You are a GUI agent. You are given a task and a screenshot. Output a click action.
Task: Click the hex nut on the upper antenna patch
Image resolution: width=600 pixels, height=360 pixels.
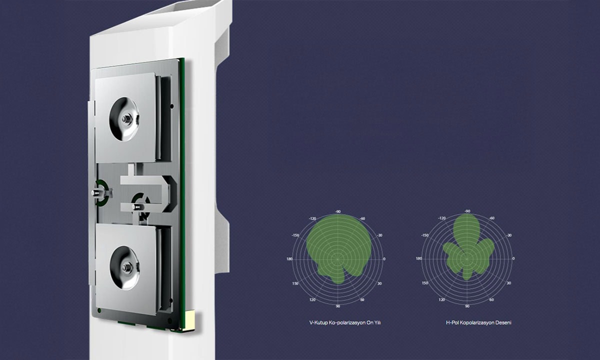(x=125, y=118)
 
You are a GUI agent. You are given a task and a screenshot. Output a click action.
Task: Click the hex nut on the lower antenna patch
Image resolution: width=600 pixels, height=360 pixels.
(x=126, y=267)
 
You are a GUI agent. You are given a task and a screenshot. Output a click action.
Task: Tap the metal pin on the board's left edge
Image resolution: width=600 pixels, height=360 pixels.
(x=95, y=192)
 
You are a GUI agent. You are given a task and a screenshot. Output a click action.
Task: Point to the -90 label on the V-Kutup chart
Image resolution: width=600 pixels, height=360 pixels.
(x=338, y=211)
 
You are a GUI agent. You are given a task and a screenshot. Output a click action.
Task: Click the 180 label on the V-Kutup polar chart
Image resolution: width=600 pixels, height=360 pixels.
(x=289, y=259)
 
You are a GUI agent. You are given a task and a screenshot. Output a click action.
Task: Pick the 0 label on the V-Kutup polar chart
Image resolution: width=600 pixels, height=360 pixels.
(x=384, y=259)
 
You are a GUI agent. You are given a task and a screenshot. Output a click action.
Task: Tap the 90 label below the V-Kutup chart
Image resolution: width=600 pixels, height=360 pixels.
(x=338, y=306)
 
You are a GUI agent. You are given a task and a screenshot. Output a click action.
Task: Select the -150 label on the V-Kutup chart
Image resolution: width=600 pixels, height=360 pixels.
(x=295, y=235)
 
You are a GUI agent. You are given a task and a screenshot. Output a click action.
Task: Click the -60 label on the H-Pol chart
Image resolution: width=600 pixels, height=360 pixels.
(x=492, y=218)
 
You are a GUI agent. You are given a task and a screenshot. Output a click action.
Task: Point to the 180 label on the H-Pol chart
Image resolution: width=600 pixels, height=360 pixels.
(x=418, y=258)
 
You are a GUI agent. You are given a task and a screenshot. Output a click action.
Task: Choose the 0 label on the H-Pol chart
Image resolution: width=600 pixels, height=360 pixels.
(x=513, y=258)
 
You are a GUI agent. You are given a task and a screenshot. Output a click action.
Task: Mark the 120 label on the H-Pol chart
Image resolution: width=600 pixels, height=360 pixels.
(x=441, y=299)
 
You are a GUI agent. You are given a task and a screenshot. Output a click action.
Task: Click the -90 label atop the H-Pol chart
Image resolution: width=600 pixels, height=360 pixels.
(x=467, y=211)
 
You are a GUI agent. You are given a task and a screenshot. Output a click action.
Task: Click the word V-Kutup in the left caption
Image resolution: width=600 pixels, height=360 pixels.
(x=318, y=322)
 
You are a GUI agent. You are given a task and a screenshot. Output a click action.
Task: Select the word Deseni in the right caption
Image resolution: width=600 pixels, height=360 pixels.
(x=503, y=322)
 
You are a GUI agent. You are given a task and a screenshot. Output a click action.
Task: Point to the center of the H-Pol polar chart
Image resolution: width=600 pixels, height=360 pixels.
(x=467, y=259)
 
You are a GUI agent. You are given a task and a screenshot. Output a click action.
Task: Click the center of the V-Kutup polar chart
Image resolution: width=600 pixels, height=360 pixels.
(x=338, y=259)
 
